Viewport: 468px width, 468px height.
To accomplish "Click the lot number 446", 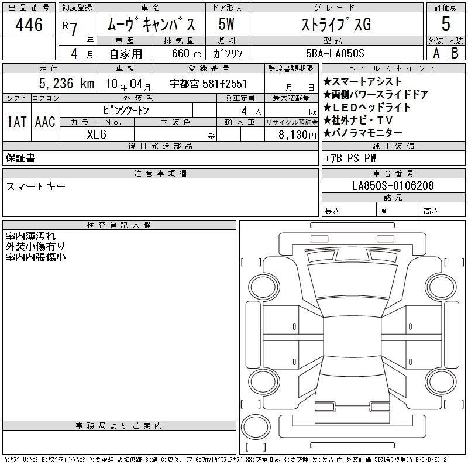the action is pos(29,25).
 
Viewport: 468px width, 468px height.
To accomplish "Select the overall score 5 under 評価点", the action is pos(446,24).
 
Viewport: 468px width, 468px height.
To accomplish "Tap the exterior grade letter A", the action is pos(436,53).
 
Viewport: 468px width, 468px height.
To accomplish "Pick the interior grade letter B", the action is pos(455,53).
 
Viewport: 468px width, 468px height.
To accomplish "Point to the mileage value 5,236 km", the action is pos(67,84).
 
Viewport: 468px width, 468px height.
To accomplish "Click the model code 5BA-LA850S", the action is pos(335,53).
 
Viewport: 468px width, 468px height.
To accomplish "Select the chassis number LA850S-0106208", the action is pos(393,185).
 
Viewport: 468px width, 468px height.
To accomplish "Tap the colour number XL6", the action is pos(97,135).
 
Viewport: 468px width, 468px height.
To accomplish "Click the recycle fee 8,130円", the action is pos(297,135).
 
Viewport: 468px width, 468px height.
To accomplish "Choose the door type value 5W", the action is pos(226,24).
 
